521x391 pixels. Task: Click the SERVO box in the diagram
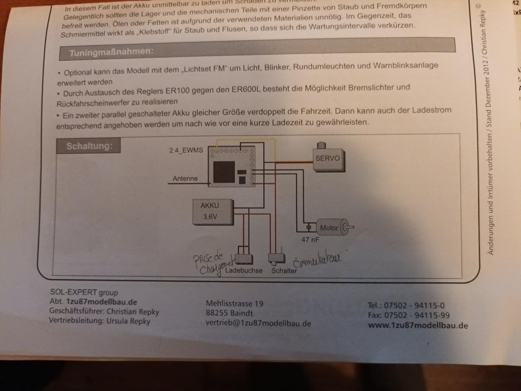pos(327,158)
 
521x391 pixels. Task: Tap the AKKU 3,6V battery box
pos(212,211)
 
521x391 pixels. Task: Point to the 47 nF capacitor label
pos(310,239)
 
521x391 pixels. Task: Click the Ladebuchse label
pos(244,270)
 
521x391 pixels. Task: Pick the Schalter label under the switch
pos(284,270)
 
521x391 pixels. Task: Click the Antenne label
pos(185,178)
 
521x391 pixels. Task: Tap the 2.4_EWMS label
pos(186,150)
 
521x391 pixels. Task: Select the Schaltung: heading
pos(89,146)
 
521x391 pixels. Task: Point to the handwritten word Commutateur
pos(317,259)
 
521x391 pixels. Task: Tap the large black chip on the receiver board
pos(224,172)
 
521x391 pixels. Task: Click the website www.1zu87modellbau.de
pos(418,325)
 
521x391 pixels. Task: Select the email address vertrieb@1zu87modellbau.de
pos(258,323)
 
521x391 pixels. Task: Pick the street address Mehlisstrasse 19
pos(234,303)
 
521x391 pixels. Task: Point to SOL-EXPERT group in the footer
pos(84,292)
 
